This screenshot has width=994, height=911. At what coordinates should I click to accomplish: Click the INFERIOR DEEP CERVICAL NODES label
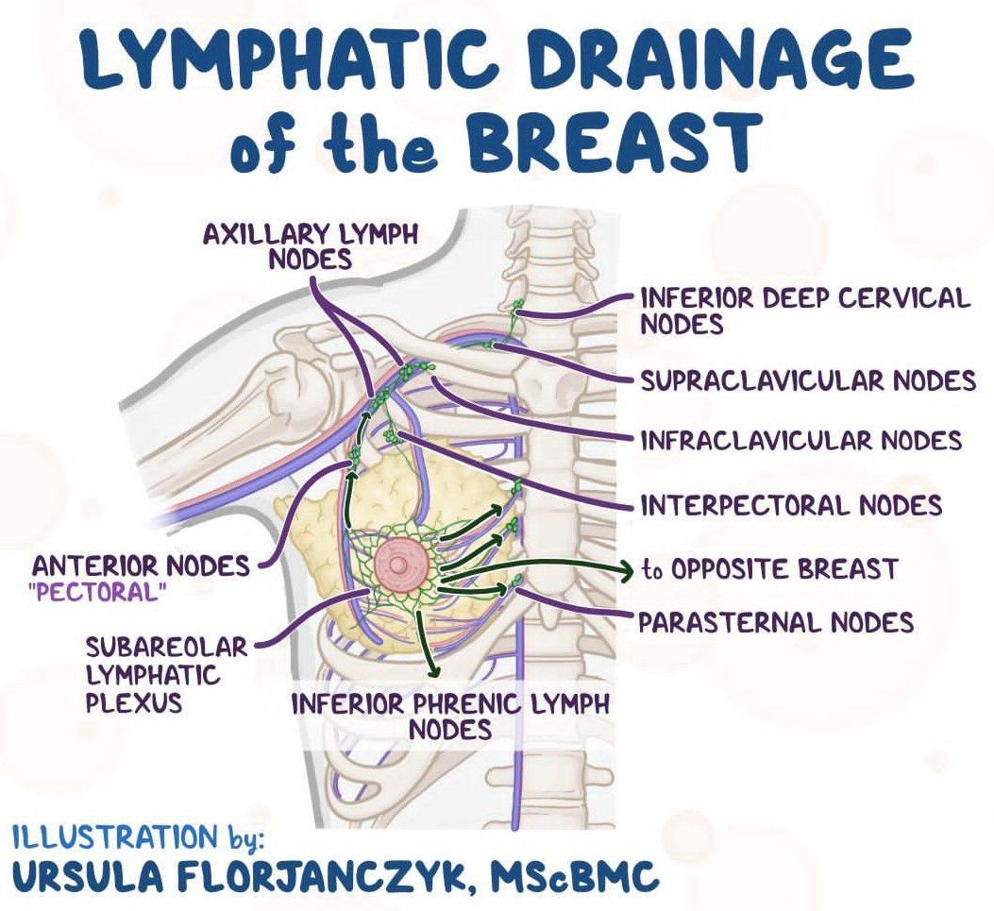804,311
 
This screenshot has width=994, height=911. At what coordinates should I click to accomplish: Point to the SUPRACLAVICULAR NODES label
807,380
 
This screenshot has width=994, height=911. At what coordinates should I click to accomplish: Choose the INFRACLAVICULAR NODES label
800,440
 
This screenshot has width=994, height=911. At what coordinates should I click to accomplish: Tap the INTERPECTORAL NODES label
791,505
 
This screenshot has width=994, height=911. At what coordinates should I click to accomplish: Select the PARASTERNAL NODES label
776,622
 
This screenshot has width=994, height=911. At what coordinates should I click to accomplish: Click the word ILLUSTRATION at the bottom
113,835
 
